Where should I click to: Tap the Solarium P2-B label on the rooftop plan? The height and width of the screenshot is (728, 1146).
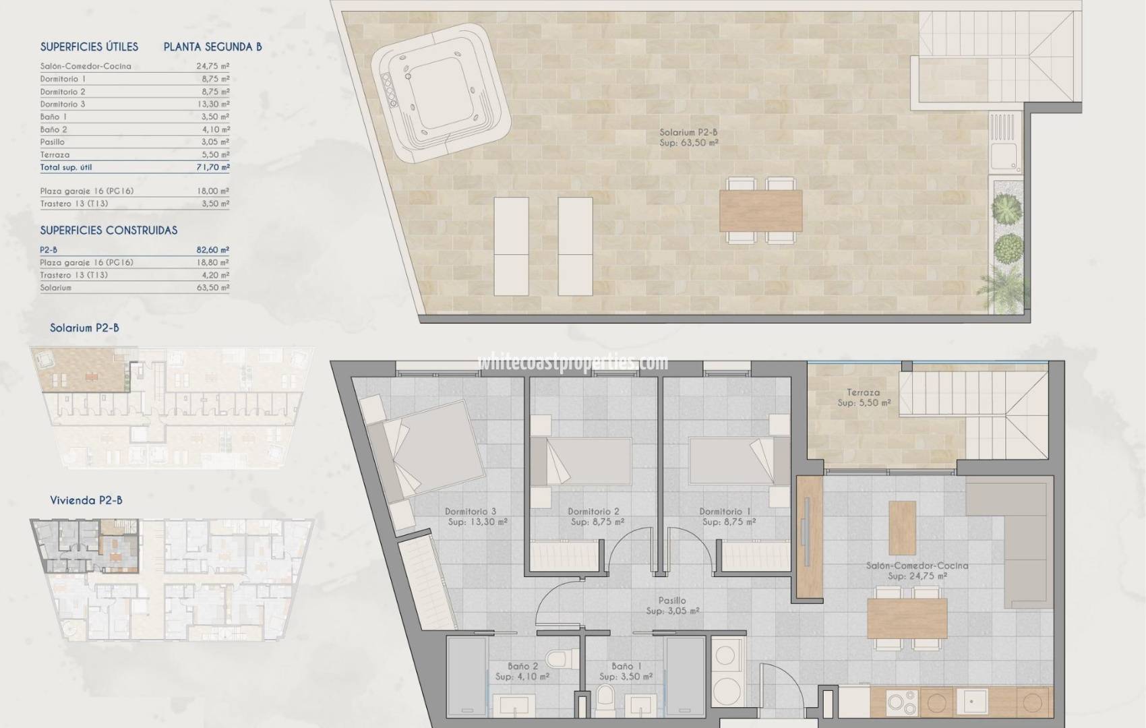[688, 133]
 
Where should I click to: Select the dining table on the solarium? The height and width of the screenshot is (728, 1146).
[761, 210]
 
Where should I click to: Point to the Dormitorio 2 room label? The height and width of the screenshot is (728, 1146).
[593, 512]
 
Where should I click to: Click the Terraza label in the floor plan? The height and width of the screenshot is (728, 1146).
[864, 392]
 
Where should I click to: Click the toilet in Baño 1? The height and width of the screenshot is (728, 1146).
[605, 696]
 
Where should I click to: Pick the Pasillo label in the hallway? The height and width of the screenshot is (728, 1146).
[672, 601]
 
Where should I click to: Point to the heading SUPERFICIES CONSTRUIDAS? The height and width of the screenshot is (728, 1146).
[109, 231]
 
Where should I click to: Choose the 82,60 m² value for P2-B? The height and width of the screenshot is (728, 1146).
[212, 250]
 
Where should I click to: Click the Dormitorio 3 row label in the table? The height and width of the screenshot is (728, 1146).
[63, 104]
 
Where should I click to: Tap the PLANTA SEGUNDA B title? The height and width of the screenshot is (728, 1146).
[212, 47]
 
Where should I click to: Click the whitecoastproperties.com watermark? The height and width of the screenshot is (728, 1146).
[573, 363]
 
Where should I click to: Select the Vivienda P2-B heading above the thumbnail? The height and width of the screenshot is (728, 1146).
[86, 501]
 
